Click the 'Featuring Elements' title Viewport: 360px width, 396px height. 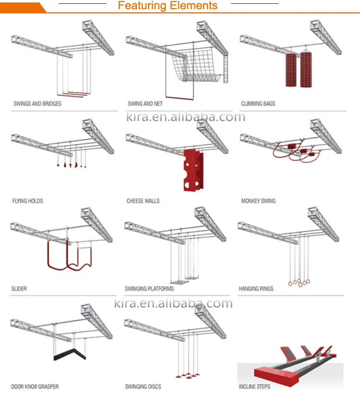point(168,6)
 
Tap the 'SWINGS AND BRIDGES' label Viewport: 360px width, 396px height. point(37,104)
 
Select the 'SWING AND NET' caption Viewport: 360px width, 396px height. point(145,104)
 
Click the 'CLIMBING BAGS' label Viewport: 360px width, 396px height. point(258,104)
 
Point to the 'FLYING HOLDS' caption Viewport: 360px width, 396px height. point(27,201)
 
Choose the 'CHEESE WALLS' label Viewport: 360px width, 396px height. point(143,201)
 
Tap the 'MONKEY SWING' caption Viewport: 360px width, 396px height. point(258,201)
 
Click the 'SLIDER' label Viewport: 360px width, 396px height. point(19,289)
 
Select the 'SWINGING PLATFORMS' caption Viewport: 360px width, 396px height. point(149,289)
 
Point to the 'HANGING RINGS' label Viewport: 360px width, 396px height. point(256,289)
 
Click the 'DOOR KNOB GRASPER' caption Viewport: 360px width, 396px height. point(35,387)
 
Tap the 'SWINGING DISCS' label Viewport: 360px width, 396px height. point(143,387)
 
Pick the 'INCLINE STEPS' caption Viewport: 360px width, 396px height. point(254,387)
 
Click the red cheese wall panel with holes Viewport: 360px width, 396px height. point(192,170)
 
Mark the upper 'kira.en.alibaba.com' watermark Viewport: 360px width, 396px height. point(185,117)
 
